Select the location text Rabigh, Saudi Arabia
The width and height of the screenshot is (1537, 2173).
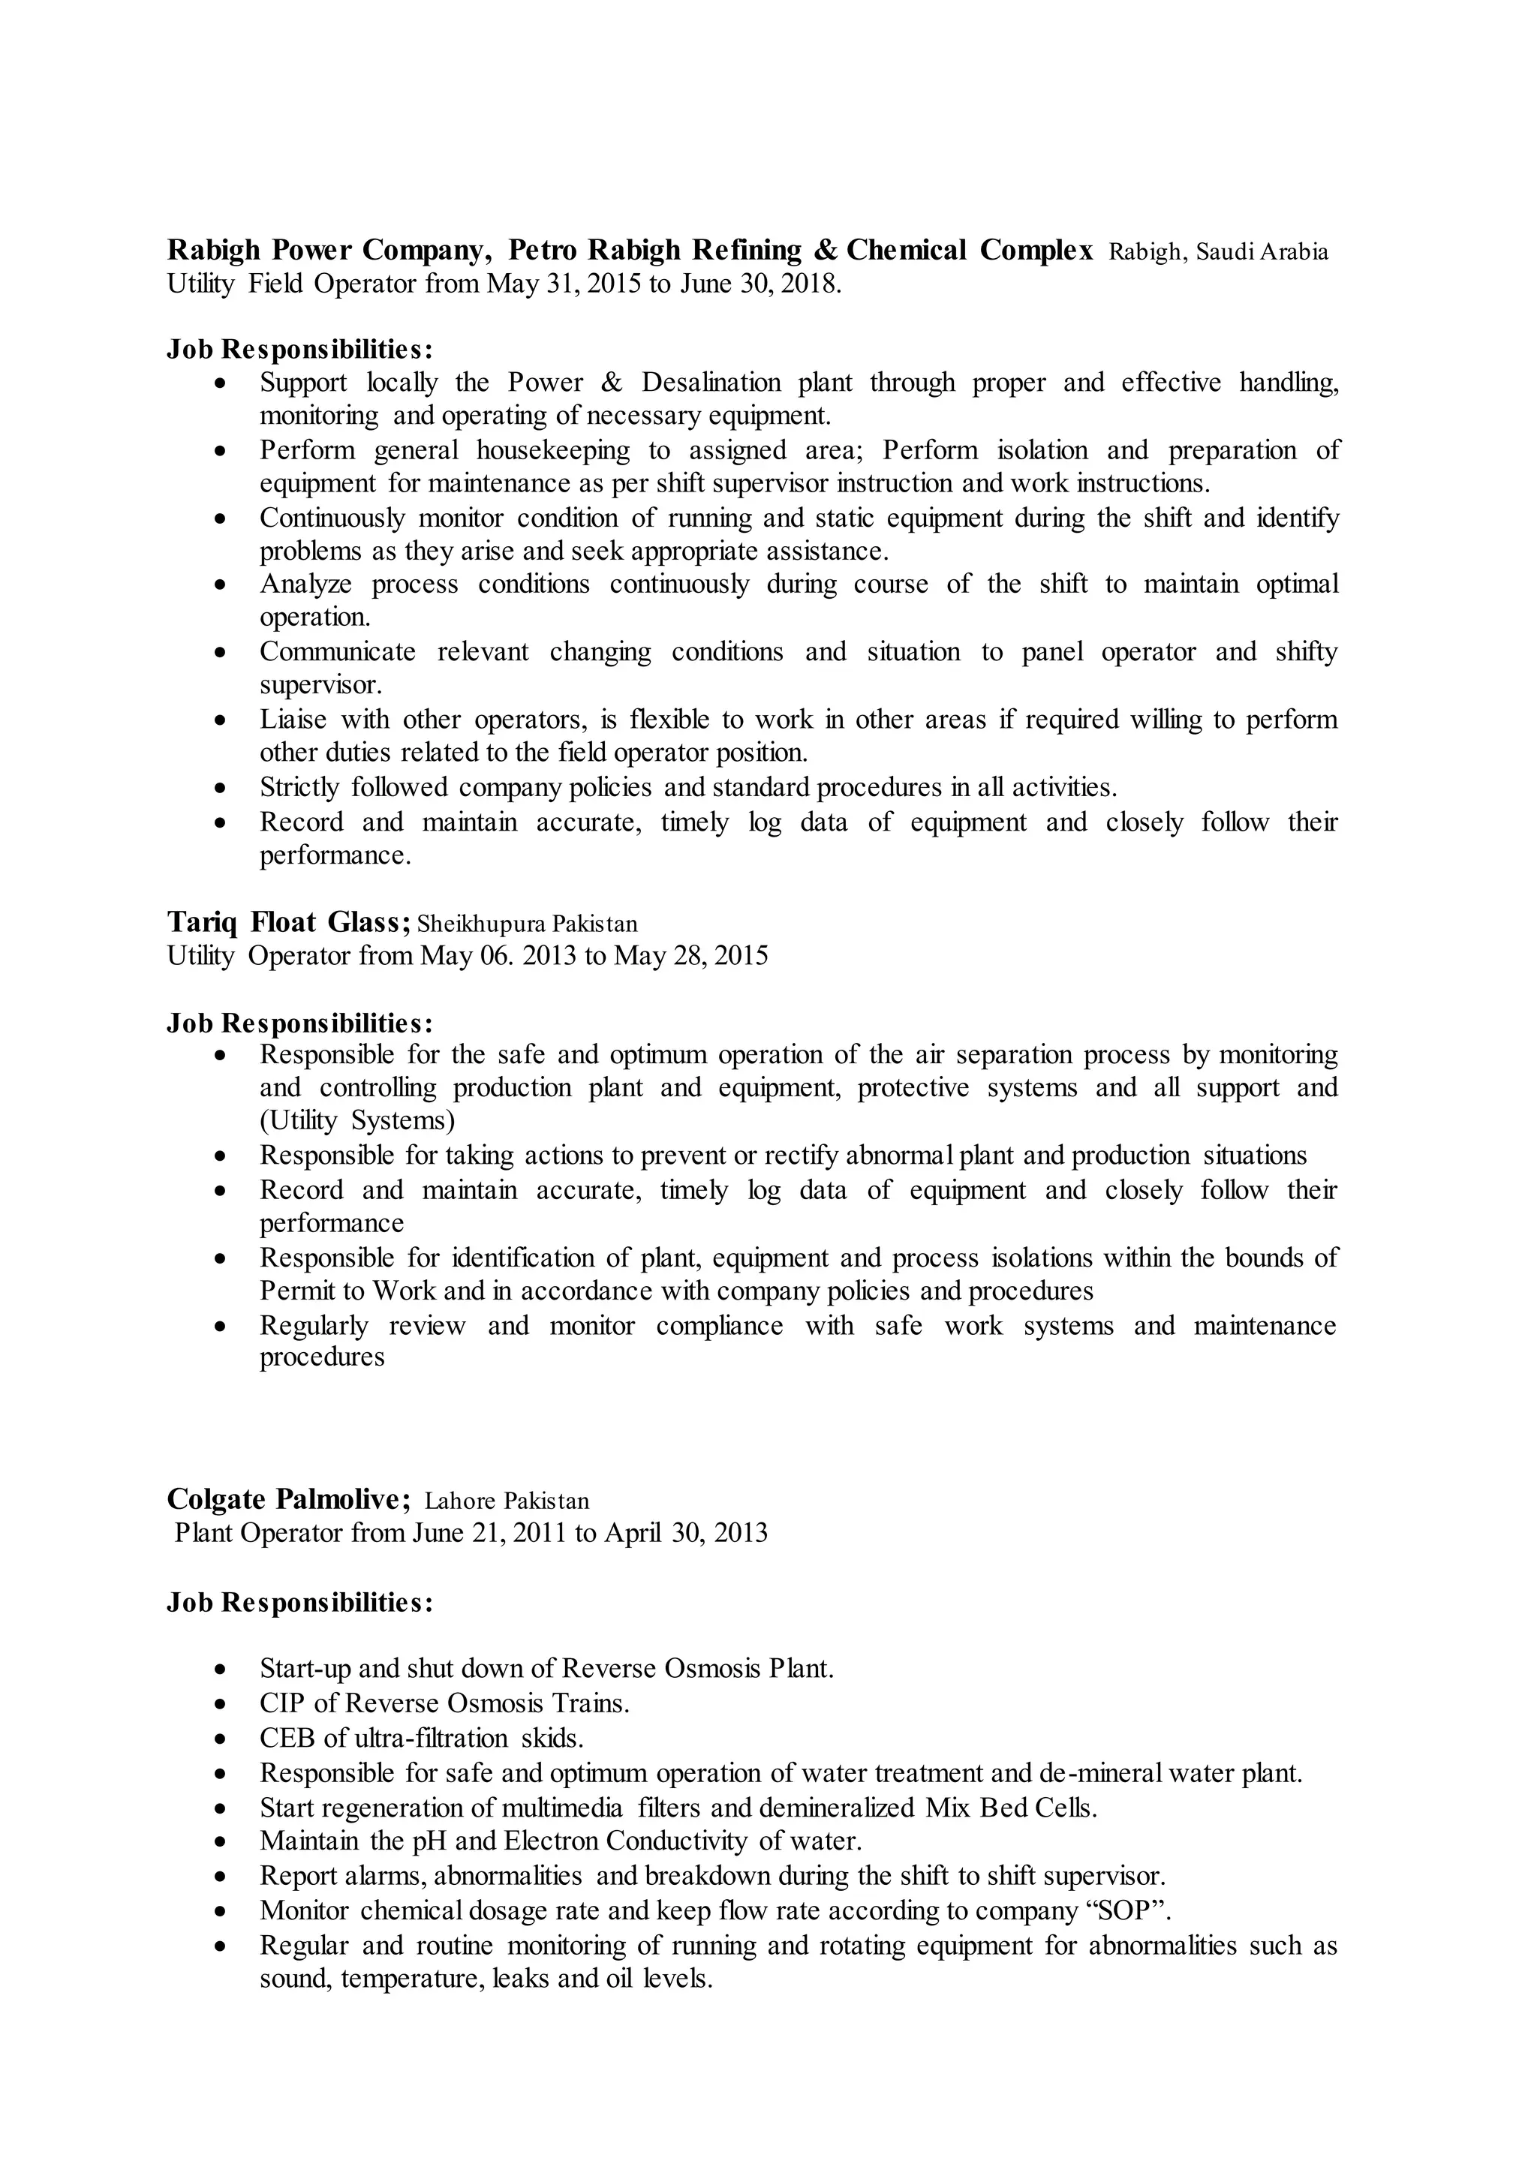[1218, 252]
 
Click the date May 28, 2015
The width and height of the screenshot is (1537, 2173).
[691, 955]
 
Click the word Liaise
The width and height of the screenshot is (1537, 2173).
[293, 720]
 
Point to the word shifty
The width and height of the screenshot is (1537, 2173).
[1306, 651]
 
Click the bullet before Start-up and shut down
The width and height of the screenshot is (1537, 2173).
[221, 1669]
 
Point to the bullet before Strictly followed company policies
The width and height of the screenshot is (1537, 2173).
[221, 787]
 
